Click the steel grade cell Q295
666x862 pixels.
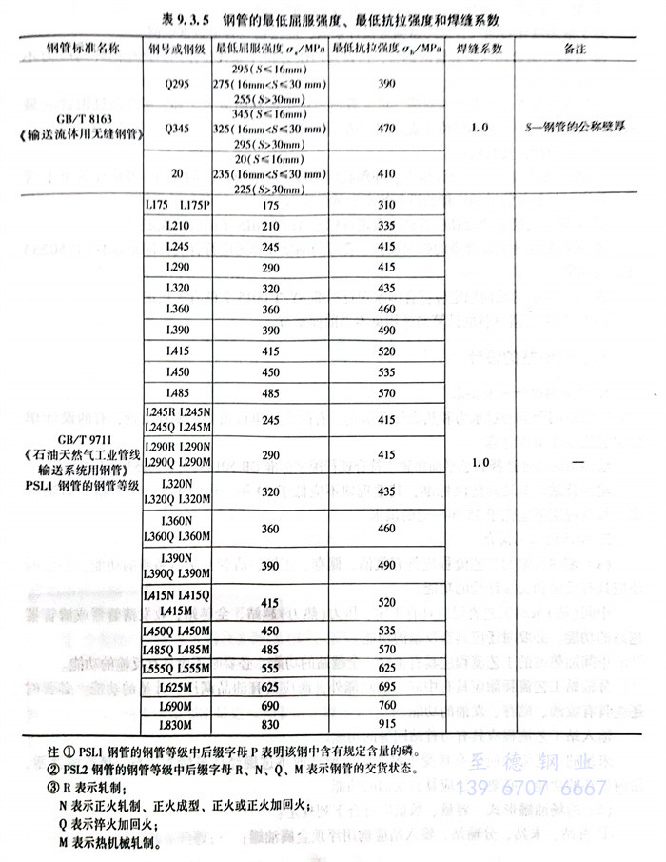point(177,83)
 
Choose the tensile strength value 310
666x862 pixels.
point(386,205)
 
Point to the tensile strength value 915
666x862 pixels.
point(386,725)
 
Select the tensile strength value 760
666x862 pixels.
point(386,706)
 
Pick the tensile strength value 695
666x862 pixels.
point(386,687)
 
